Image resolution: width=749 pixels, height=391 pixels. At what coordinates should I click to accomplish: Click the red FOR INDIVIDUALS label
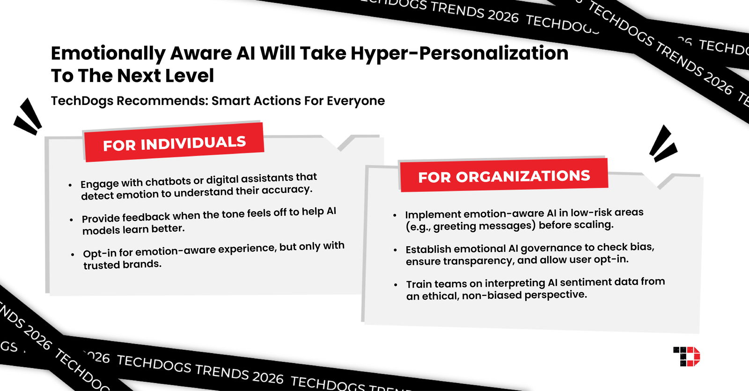click(174, 143)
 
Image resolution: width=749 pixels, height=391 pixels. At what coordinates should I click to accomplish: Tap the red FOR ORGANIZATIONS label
click(504, 176)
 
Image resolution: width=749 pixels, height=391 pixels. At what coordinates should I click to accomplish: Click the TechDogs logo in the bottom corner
click(686, 356)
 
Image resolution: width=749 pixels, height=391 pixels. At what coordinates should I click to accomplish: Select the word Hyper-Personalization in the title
click(459, 53)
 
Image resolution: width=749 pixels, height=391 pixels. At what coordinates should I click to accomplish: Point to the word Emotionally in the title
click(108, 53)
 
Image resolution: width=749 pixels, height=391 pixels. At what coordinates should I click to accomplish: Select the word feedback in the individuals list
click(146, 217)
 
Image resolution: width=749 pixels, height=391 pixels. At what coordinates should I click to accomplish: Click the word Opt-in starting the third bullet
click(99, 253)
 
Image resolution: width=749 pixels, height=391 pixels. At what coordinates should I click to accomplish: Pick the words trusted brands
click(122, 265)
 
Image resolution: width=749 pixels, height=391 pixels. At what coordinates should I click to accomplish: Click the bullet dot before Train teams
click(396, 285)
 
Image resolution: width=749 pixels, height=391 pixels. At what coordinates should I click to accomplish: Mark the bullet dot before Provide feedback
click(71, 219)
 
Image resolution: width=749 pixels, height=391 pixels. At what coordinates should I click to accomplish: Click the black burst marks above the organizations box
click(662, 143)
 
